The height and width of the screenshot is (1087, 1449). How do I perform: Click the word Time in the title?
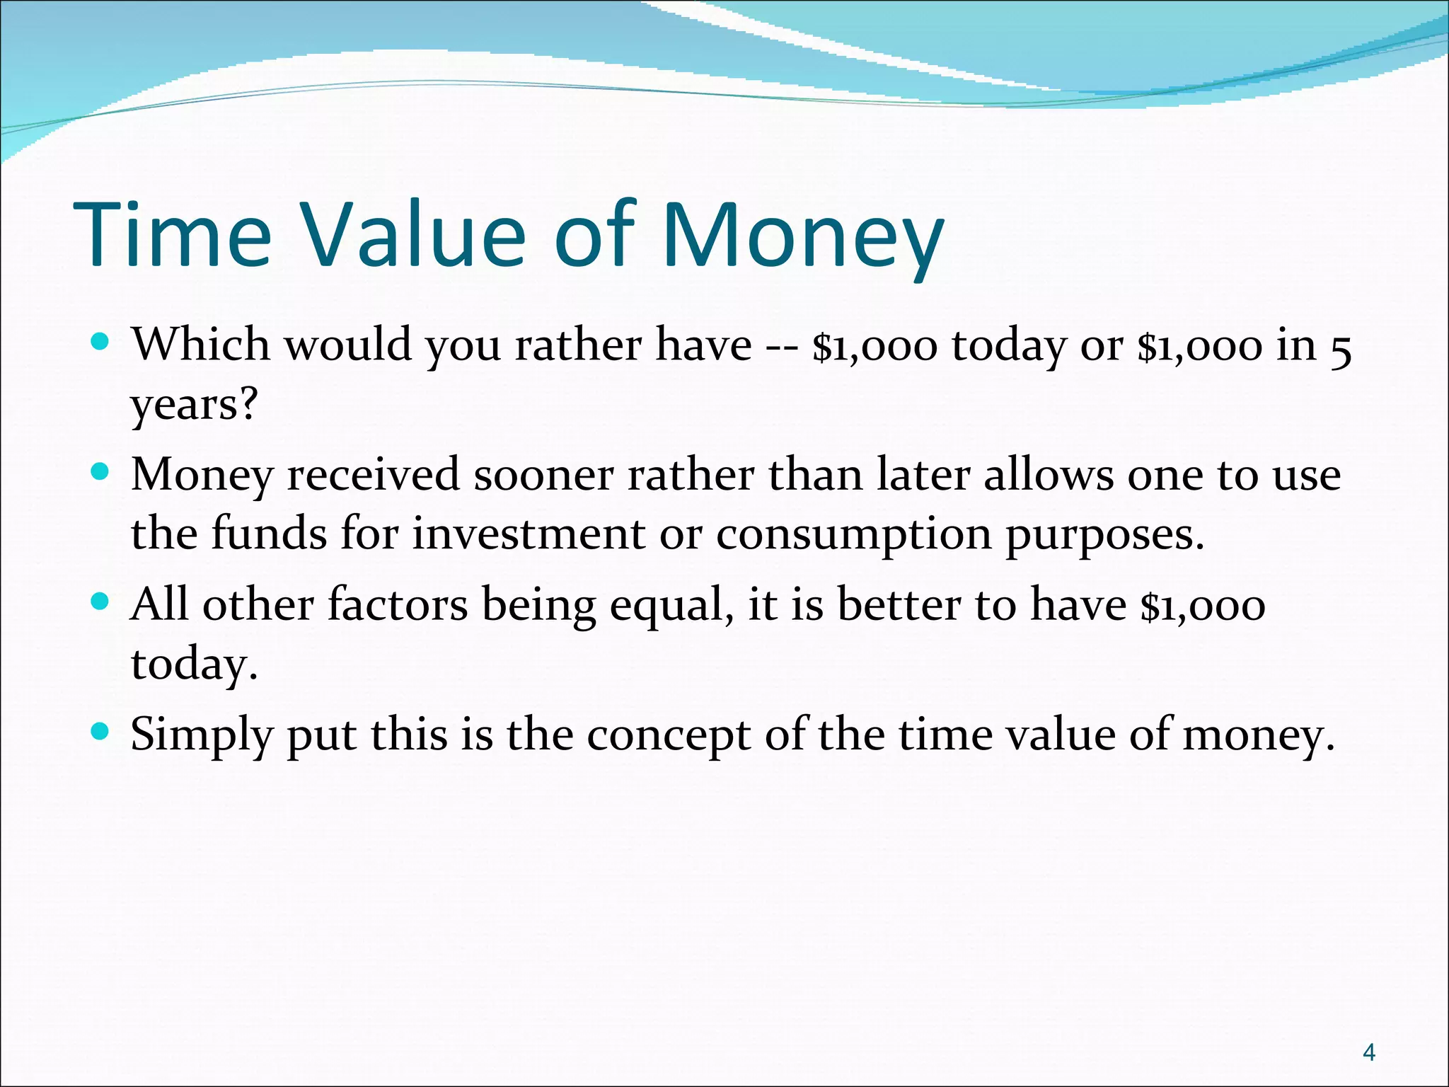[172, 235]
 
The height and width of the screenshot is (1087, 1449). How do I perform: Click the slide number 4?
[1369, 1052]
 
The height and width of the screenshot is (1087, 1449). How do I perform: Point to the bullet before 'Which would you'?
[101, 343]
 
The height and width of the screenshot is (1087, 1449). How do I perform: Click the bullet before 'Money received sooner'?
[101, 473]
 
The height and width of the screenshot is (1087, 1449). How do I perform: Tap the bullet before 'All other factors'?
[101, 603]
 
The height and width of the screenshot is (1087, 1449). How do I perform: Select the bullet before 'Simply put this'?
[101, 732]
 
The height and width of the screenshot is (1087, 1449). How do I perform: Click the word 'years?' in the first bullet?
[195, 405]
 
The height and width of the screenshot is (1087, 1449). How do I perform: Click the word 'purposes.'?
[1104, 536]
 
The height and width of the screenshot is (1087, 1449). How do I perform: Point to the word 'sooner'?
[543, 474]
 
